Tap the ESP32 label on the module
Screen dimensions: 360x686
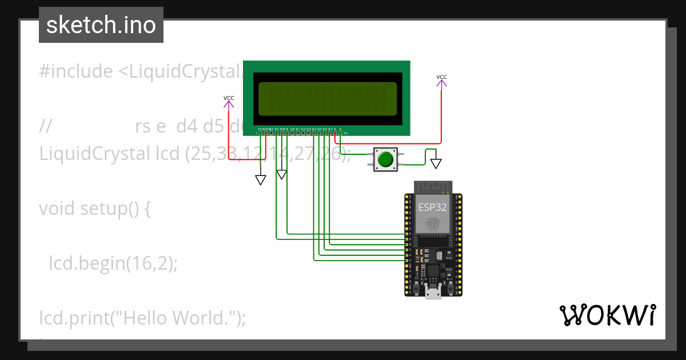pos(433,207)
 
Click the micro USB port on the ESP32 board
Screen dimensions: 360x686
pos(433,294)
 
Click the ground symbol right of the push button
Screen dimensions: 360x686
pos(436,163)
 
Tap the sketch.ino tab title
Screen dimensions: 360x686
pos(101,25)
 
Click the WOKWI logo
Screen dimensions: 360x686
pos(608,315)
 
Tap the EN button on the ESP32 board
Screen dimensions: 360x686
pos(415,290)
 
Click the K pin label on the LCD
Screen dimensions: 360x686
pos(341,129)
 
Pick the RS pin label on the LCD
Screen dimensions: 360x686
pos(277,129)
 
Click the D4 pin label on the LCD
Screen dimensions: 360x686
pos(314,129)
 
